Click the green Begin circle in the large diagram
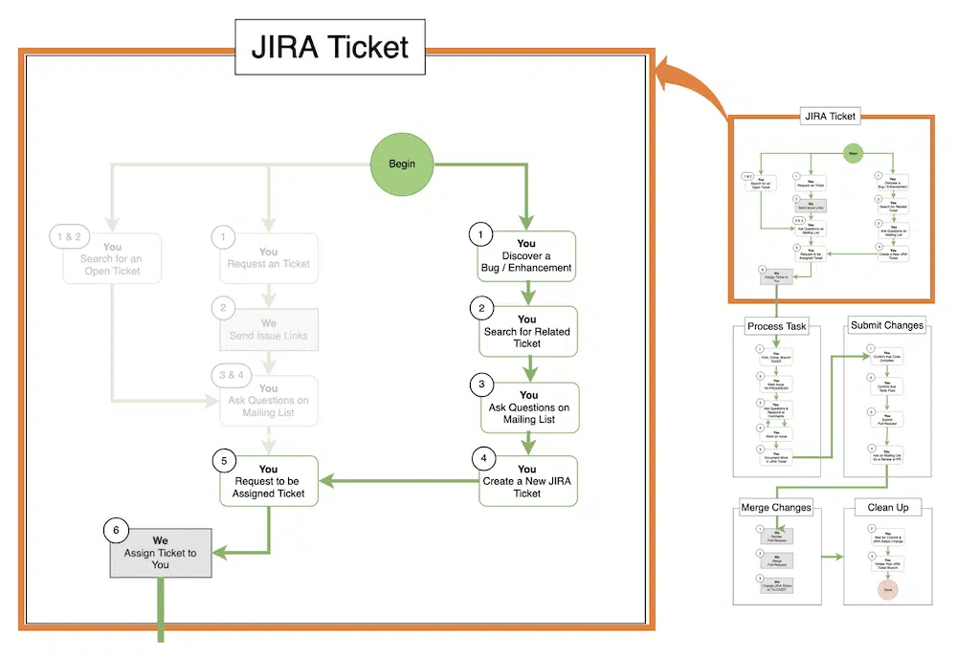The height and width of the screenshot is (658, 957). (x=402, y=164)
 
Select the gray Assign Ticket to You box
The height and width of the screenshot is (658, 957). (x=160, y=553)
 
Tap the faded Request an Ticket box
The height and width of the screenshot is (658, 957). (x=268, y=258)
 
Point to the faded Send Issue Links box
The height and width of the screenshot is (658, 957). (x=268, y=331)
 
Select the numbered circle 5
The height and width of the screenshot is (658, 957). (x=224, y=459)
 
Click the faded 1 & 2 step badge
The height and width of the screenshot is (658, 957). (x=71, y=235)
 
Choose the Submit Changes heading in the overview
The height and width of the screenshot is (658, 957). (x=887, y=325)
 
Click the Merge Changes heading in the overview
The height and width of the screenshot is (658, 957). (x=776, y=507)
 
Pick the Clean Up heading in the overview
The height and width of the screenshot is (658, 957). (x=888, y=507)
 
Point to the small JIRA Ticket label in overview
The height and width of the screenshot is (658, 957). (x=830, y=117)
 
